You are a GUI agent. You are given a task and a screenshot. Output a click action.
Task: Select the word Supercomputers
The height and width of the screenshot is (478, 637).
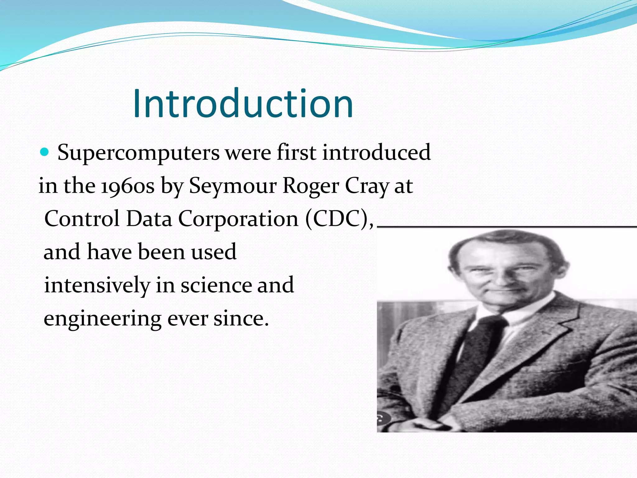click(x=138, y=153)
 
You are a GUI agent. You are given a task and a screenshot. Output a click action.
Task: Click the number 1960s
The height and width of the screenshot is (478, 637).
click(x=128, y=186)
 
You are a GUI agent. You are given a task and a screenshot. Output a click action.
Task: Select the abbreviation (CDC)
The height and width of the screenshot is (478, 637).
click(x=339, y=219)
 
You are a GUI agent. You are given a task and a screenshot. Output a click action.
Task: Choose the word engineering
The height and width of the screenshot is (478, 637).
click(x=102, y=319)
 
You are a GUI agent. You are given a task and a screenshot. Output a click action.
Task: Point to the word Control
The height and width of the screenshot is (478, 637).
click(x=82, y=218)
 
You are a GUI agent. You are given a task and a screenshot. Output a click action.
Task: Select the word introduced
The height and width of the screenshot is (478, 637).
click(x=376, y=152)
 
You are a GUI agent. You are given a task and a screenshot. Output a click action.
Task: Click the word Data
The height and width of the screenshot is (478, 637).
click(x=149, y=218)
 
